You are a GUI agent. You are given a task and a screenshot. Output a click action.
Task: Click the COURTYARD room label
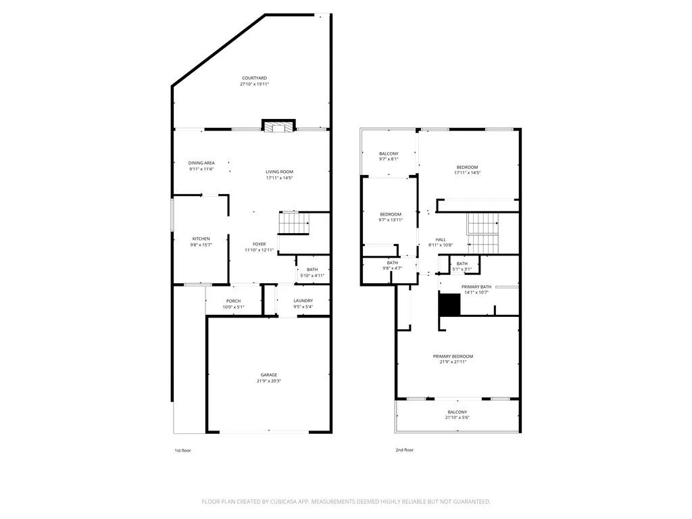click(x=253, y=78)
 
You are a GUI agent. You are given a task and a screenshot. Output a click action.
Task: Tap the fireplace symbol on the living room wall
click(x=278, y=127)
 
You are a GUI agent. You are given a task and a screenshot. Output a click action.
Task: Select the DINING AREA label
click(x=201, y=163)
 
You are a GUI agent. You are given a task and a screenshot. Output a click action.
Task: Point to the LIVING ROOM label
click(x=279, y=172)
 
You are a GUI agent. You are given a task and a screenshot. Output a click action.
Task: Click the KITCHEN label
click(x=201, y=239)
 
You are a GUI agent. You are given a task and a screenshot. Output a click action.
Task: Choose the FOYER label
click(x=259, y=244)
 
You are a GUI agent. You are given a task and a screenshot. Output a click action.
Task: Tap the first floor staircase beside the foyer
click(x=295, y=222)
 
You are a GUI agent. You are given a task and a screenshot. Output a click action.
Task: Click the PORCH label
click(x=233, y=301)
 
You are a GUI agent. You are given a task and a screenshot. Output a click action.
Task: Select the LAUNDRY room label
click(x=303, y=301)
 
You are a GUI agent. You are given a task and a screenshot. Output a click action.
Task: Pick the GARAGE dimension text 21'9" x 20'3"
click(x=269, y=381)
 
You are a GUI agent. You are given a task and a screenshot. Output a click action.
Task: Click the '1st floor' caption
click(x=182, y=450)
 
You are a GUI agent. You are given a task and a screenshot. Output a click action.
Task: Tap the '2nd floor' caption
click(x=404, y=450)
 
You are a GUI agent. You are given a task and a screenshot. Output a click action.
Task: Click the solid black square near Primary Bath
click(x=449, y=305)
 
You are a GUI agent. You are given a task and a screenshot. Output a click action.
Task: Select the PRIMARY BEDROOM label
click(x=453, y=356)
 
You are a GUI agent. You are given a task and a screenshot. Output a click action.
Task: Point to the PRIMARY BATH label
click(x=476, y=287)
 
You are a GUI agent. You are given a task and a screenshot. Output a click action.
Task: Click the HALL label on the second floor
click(x=441, y=239)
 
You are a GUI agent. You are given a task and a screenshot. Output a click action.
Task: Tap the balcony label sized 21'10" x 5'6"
click(x=457, y=418)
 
